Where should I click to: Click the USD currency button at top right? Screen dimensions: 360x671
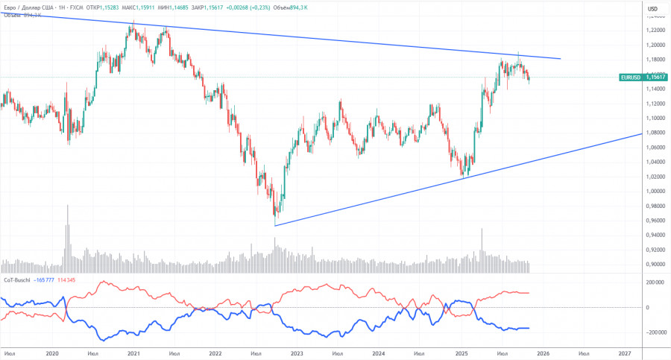[652, 8]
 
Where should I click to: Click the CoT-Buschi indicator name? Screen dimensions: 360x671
[17, 280]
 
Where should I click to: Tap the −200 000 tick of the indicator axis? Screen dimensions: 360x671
[654, 332]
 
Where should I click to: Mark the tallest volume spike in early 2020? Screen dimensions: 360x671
[67, 206]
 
